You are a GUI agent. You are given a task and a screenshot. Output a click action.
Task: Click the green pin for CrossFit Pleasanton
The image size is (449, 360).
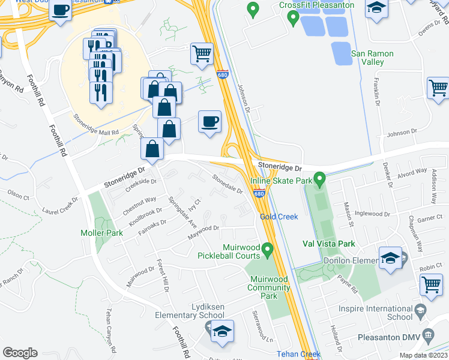293,19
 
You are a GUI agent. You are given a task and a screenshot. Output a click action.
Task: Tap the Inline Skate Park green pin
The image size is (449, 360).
320,179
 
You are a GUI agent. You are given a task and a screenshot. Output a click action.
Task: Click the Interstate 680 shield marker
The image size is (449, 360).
258,194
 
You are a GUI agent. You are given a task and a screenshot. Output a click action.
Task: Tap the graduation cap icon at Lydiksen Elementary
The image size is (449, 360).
221,330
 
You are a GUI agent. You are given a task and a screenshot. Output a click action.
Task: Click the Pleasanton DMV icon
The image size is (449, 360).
428,334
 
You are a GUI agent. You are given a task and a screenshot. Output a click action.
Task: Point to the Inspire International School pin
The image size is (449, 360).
420,312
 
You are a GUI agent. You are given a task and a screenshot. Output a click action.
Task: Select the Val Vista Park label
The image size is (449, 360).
328,244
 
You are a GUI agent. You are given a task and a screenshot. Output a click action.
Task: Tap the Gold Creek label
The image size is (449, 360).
279,217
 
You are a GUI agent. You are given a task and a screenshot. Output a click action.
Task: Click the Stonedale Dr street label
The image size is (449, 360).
228,183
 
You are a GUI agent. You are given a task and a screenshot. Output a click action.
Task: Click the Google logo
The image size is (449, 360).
20,353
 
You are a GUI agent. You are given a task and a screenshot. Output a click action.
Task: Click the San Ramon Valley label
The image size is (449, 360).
372,58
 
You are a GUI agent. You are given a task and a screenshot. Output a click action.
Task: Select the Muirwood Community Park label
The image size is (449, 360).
270,287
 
